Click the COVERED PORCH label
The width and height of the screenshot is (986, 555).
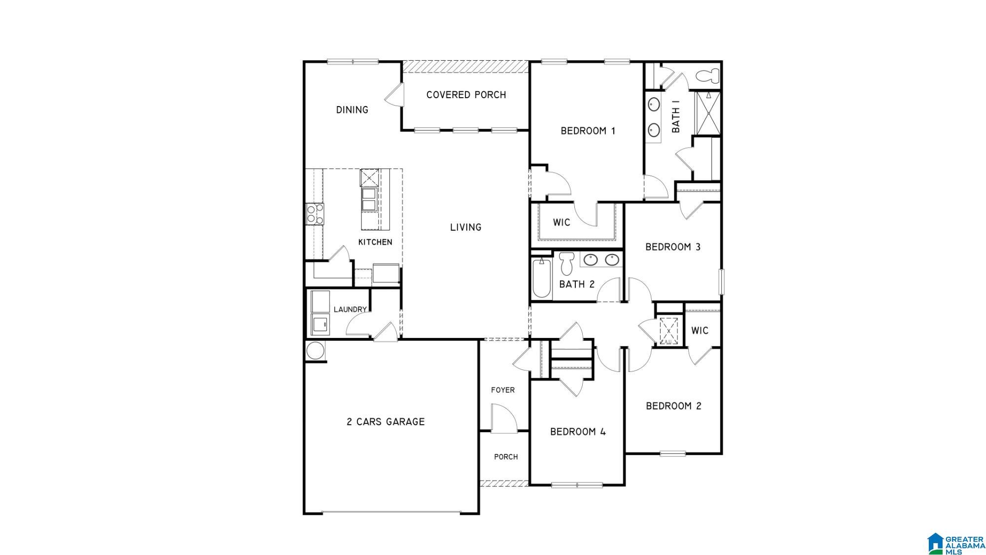click(x=466, y=95)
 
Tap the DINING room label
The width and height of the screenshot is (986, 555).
click(x=352, y=110)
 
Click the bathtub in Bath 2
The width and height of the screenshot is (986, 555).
click(x=541, y=278)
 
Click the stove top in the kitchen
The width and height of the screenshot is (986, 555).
click(x=315, y=214)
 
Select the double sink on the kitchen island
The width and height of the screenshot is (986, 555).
click(x=369, y=199)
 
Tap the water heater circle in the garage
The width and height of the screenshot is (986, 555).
click(x=315, y=351)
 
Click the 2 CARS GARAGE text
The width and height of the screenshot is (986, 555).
click(x=386, y=422)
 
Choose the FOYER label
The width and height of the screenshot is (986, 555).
click(x=503, y=390)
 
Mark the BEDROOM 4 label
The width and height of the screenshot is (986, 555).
click(x=578, y=432)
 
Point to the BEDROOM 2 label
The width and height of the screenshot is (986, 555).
click(x=673, y=406)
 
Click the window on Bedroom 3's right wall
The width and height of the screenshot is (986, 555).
click(x=721, y=281)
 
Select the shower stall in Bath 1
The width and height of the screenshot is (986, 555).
click(x=708, y=113)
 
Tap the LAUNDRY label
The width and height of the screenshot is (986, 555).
click(x=350, y=309)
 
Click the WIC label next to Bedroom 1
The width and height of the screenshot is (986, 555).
click(x=561, y=222)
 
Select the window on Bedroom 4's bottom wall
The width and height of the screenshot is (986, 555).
click(x=577, y=485)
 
